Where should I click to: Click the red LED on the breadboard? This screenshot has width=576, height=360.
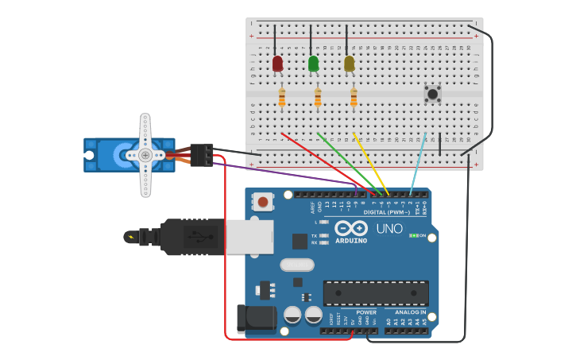coord(277,64)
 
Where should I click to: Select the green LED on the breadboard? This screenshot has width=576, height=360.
coord(313,64)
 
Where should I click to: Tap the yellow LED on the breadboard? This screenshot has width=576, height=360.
coord(349,64)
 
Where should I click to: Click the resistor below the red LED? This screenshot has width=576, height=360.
coord(282,98)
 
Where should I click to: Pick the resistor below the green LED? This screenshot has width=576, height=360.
coord(318,98)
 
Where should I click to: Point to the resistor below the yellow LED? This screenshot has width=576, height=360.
coord(354,98)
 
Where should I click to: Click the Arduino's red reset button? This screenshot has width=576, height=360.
coord(263,202)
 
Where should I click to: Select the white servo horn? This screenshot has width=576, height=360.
coord(145,155)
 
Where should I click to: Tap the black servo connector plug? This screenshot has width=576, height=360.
coord(202,154)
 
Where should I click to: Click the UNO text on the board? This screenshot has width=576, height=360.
coord(389,229)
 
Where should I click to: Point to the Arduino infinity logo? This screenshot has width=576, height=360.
coord(350,228)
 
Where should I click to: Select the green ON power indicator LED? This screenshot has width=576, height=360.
coord(413,236)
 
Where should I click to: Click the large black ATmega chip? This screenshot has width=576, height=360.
coord(375,292)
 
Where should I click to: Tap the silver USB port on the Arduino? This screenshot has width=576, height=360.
coord(249,237)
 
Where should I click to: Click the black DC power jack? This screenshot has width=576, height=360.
coord(256,319)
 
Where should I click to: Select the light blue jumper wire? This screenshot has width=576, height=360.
coord(418,163)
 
